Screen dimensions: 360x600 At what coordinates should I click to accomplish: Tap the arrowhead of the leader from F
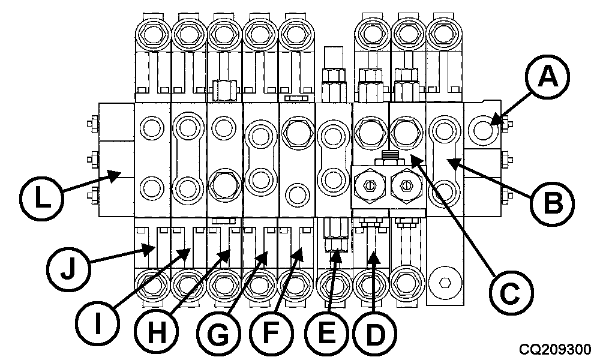click(x=298, y=253)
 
